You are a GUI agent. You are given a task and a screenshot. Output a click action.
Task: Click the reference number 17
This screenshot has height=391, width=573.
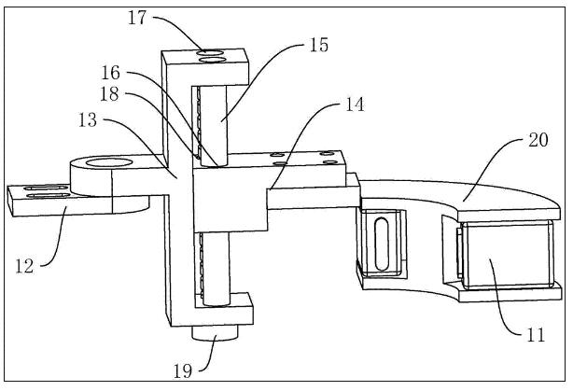click(x=137, y=18)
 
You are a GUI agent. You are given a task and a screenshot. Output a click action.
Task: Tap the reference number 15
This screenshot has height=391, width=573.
click(x=318, y=45)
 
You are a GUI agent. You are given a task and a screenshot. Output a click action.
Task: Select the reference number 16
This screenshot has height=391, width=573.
click(x=110, y=73)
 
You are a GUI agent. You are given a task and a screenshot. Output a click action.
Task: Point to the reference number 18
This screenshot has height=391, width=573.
click(x=109, y=94)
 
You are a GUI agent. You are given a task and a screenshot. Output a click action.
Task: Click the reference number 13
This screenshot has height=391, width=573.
click(x=88, y=119)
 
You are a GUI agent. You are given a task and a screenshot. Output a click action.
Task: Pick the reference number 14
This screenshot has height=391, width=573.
click(x=355, y=105)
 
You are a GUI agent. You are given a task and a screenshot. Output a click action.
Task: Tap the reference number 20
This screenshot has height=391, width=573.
click(x=538, y=140)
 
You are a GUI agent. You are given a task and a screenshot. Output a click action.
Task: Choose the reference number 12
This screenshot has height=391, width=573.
click(x=24, y=266)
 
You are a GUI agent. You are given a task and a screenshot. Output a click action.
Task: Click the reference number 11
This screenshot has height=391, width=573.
click(x=536, y=334)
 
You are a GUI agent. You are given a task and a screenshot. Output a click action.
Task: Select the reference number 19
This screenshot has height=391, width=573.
click(x=183, y=371)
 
